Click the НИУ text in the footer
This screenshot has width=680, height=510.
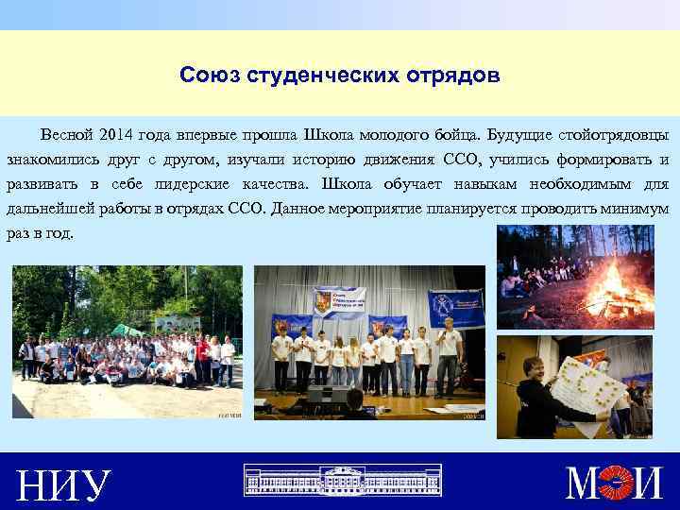[x=63, y=485]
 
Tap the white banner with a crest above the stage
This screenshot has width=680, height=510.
[x=338, y=301]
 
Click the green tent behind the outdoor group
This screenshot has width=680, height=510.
[x=127, y=331]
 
